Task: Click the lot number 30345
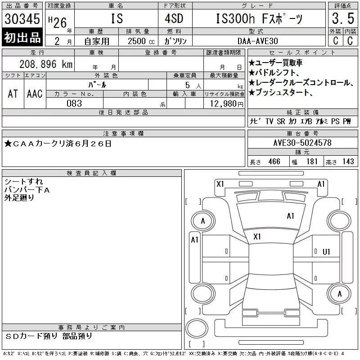[x=22, y=18]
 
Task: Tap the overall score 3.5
[x=343, y=18]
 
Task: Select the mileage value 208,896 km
[x=46, y=64]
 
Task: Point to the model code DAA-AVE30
[x=257, y=41]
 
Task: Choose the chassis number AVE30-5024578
[x=302, y=143]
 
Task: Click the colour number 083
[x=74, y=103]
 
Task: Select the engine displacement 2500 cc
[x=141, y=41]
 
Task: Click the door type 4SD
[x=174, y=18]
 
